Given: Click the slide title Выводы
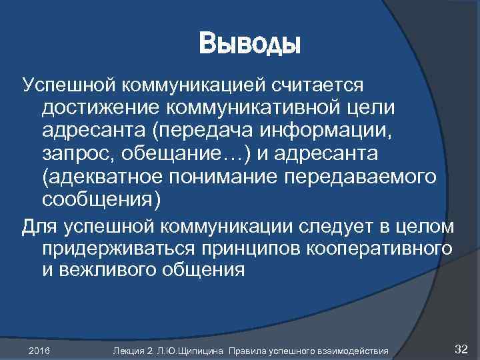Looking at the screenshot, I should pyautogui.click(x=250, y=45).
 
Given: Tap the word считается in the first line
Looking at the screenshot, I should pyautogui.click(x=318, y=85).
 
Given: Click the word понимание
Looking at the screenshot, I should pyautogui.click(x=222, y=177).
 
